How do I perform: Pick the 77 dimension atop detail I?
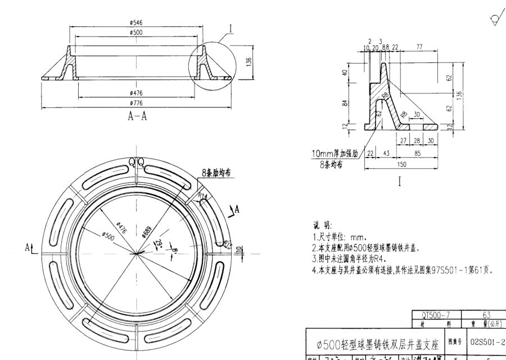coord(419,47)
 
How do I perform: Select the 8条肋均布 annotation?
coord(216,174)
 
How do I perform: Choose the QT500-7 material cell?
coord(436,314)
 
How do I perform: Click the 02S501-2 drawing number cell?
coord(487,340)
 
